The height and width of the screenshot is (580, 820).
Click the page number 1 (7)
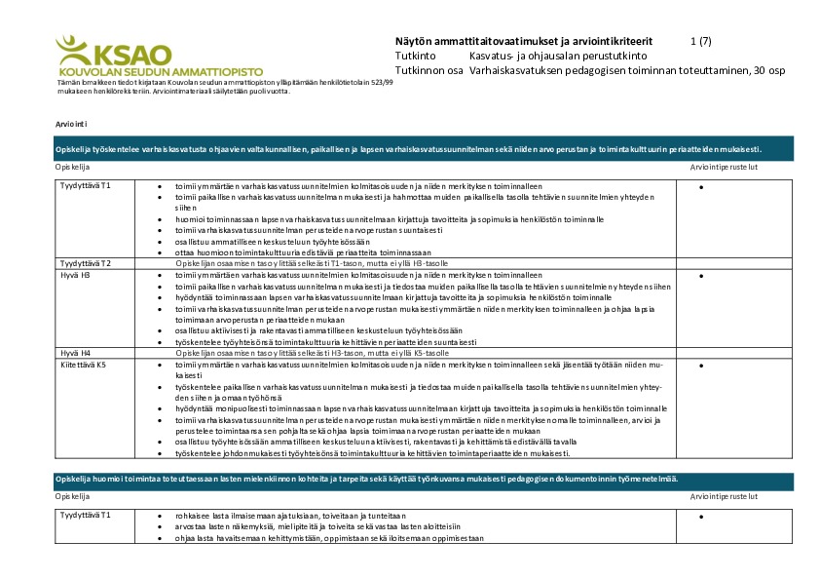(700, 41)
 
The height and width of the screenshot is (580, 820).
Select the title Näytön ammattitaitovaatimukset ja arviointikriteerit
(524, 41)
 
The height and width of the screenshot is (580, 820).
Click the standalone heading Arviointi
(72, 125)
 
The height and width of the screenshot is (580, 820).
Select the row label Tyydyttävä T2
(86, 263)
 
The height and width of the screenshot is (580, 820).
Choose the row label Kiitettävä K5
(83, 364)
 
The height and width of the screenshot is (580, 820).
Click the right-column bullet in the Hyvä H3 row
(701, 276)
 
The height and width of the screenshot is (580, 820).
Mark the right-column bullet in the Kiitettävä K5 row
(701, 365)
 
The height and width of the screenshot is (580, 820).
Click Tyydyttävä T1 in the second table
(86, 514)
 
